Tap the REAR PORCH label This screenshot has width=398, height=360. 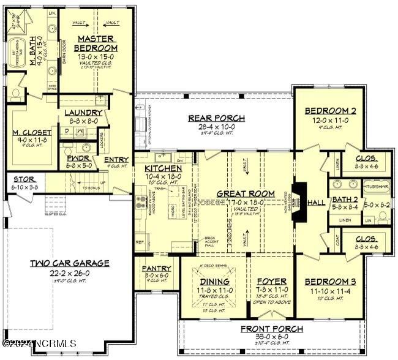click(x=217, y=118)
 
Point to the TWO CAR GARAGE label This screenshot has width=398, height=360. click(x=70, y=263)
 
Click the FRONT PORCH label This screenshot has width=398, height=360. click(x=271, y=329)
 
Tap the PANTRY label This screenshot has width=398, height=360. click(x=156, y=268)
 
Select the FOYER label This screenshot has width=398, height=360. click(x=271, y=282)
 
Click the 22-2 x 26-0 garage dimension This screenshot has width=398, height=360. click(x=70, y=272)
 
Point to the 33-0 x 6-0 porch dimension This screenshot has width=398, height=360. click(x=271, y=337)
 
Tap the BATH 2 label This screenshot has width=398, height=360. click(x=342, y=199)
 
